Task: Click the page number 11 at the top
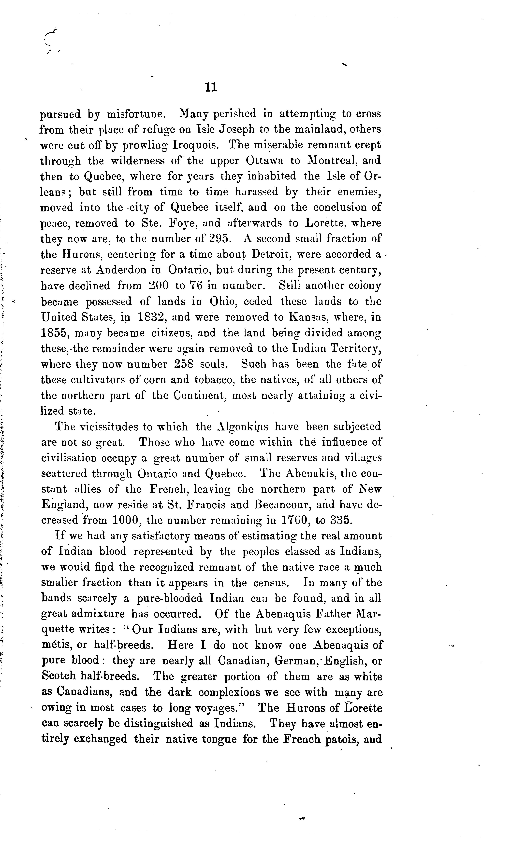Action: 211,88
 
